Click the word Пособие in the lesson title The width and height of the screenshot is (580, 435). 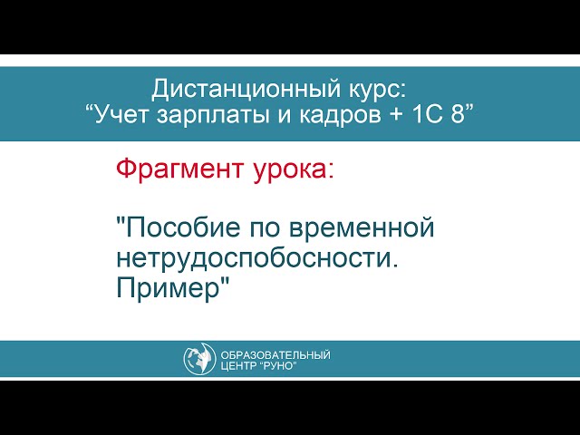[179, 228]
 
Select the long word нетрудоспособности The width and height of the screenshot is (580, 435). [257, 258]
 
